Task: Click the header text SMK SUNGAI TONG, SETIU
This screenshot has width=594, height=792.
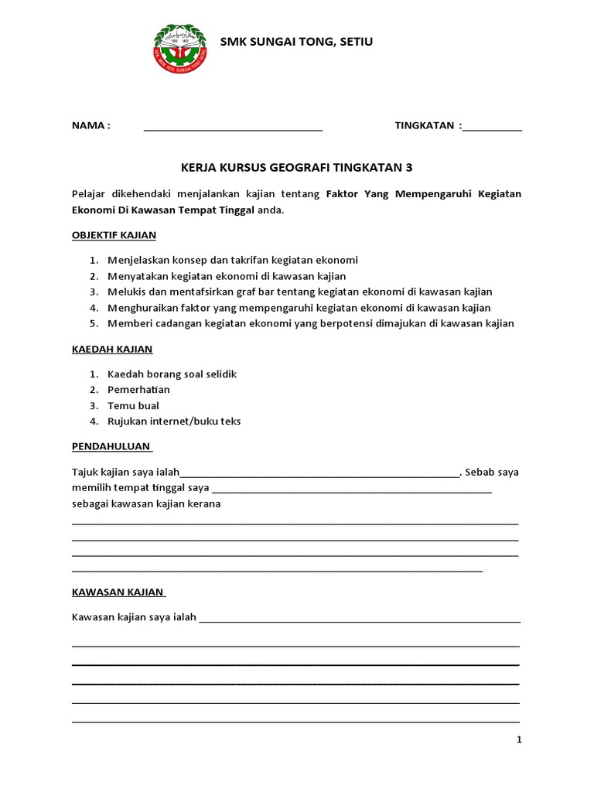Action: (x=296, y=41)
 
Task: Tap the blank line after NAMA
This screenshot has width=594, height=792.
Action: (x=233, y=128)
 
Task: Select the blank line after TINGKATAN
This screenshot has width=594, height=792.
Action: (x=492, y=128)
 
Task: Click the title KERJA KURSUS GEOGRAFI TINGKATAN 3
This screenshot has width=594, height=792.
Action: (x=296, y=167)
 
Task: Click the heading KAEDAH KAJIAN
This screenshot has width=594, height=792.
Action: (x=112, y=349)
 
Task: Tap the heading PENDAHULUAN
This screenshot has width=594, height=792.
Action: (x=111, y=446)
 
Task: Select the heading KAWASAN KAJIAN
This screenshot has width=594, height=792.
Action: (x=118, y=592)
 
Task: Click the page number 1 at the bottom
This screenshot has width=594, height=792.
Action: (x=520, y=739)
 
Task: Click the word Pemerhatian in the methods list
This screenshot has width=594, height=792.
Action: (x=138, y=390)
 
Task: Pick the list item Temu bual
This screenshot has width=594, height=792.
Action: (x=133, y=405)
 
